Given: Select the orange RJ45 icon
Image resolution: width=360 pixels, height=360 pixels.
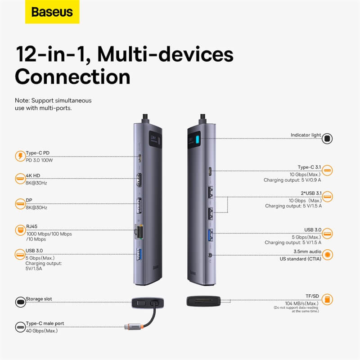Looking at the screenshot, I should (20, 229).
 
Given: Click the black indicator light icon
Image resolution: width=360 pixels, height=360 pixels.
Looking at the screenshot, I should (328, 138).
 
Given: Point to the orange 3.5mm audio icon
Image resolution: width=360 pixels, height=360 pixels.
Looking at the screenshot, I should (328, 255).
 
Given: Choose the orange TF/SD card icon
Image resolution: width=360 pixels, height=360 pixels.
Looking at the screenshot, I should (328, 299).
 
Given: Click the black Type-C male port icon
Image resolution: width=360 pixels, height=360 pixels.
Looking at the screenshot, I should (20, 326).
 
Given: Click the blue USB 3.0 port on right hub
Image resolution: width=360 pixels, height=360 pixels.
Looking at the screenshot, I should (211, 235).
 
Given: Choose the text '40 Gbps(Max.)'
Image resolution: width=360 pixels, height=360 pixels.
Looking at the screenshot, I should (42, 331).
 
